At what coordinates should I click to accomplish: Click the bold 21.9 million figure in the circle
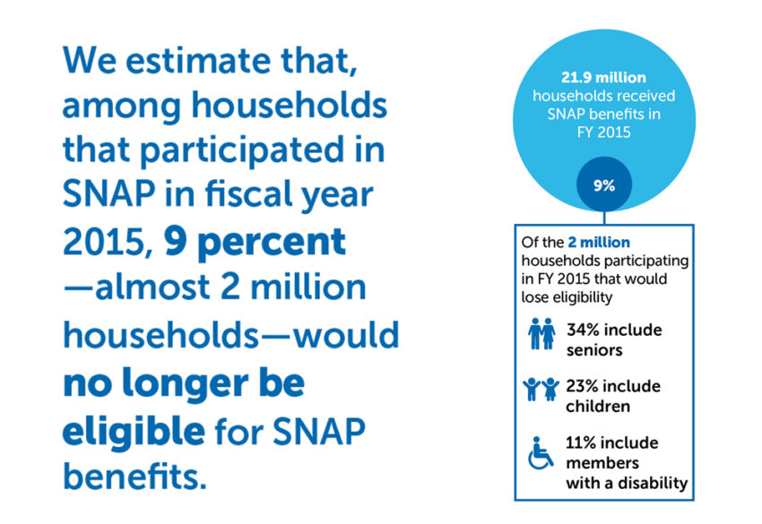point(604,77)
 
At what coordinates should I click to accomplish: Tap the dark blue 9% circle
point(603,186)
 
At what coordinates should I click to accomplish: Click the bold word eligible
point(133,431)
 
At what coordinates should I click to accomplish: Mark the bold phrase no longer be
point(183,383)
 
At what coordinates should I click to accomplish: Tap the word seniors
point(596,350)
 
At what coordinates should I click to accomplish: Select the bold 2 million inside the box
point(600,242)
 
